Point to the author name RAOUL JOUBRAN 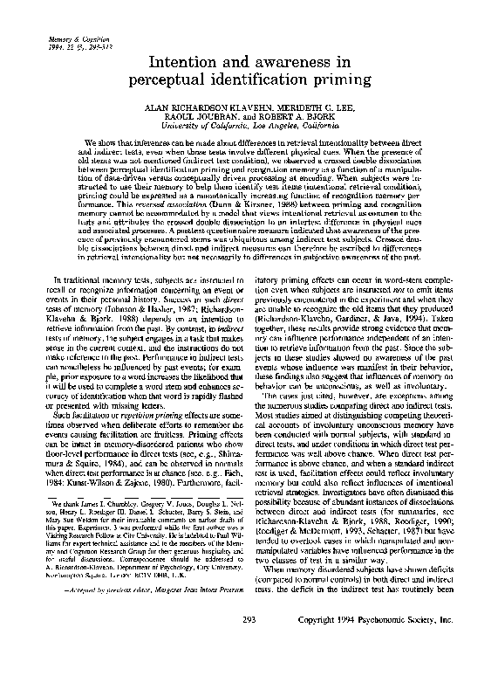coord(194,118)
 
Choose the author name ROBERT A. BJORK coord(297,118)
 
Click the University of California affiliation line coord(249,127)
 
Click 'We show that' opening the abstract coord(105,141)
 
